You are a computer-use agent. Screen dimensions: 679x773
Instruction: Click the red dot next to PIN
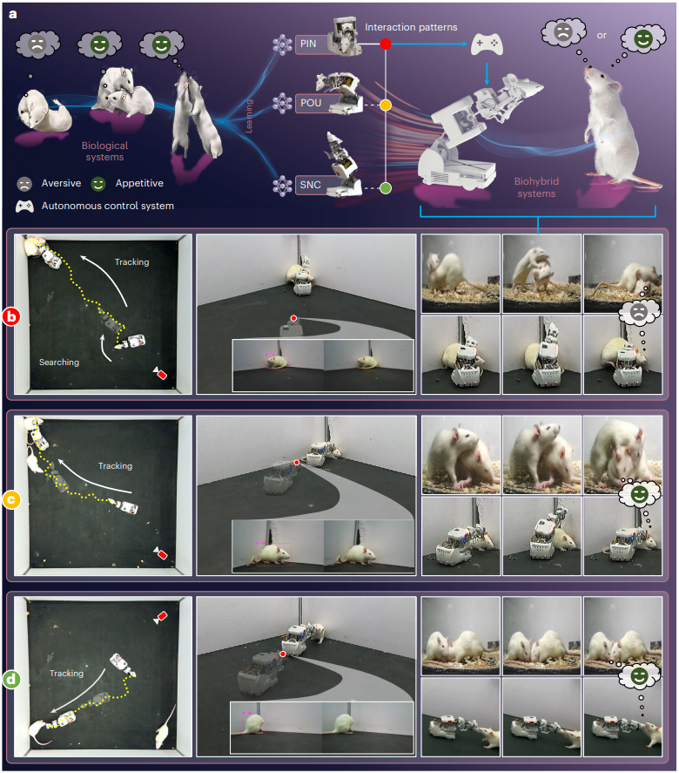tap(386, 44)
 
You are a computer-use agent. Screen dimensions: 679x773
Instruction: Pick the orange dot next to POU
tap(386, 105)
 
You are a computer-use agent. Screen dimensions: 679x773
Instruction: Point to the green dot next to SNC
tap(386, 188)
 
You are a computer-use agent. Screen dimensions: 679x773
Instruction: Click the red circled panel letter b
tap(11, 316)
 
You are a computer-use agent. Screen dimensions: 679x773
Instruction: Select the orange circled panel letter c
tap(11, 499)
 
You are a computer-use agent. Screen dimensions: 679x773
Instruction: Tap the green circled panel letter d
tap(11, 680)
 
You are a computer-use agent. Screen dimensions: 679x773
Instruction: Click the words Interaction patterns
tap(411, 27)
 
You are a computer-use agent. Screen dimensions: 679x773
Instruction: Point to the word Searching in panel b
tap(59, 363)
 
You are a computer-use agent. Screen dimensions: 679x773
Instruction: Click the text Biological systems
tap(104, 152)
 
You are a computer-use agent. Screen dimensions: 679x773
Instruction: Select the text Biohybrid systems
tap(537, 187)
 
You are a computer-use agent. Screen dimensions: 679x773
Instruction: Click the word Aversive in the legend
tap(61, 183)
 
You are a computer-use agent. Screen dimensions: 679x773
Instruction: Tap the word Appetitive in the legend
tap(139, 183)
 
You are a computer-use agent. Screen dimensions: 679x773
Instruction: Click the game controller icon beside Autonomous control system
tap(24, 206)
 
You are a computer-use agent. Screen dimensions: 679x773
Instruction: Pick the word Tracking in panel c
tap(115, 466)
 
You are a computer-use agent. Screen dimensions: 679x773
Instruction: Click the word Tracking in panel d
tap(66, 674)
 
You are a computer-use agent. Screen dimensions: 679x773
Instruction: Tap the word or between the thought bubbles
tap(602, 36)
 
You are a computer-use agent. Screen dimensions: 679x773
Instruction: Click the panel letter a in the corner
tap(13, 14)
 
